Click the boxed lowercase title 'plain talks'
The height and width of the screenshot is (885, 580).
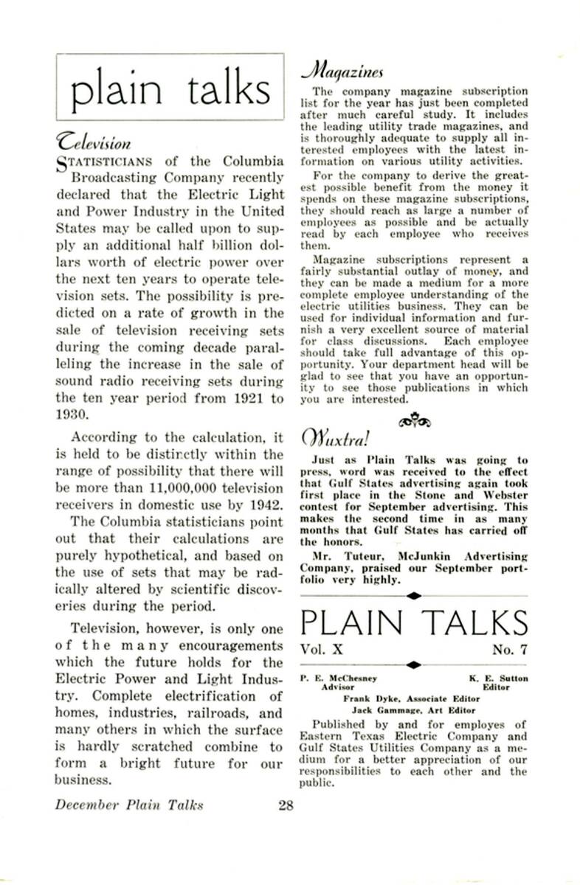coord(169,90)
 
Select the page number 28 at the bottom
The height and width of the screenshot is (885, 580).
coord(286,805)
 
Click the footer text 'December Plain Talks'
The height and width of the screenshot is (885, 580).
coord(128,805)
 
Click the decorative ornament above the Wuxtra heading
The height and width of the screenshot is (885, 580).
coord(413,422)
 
